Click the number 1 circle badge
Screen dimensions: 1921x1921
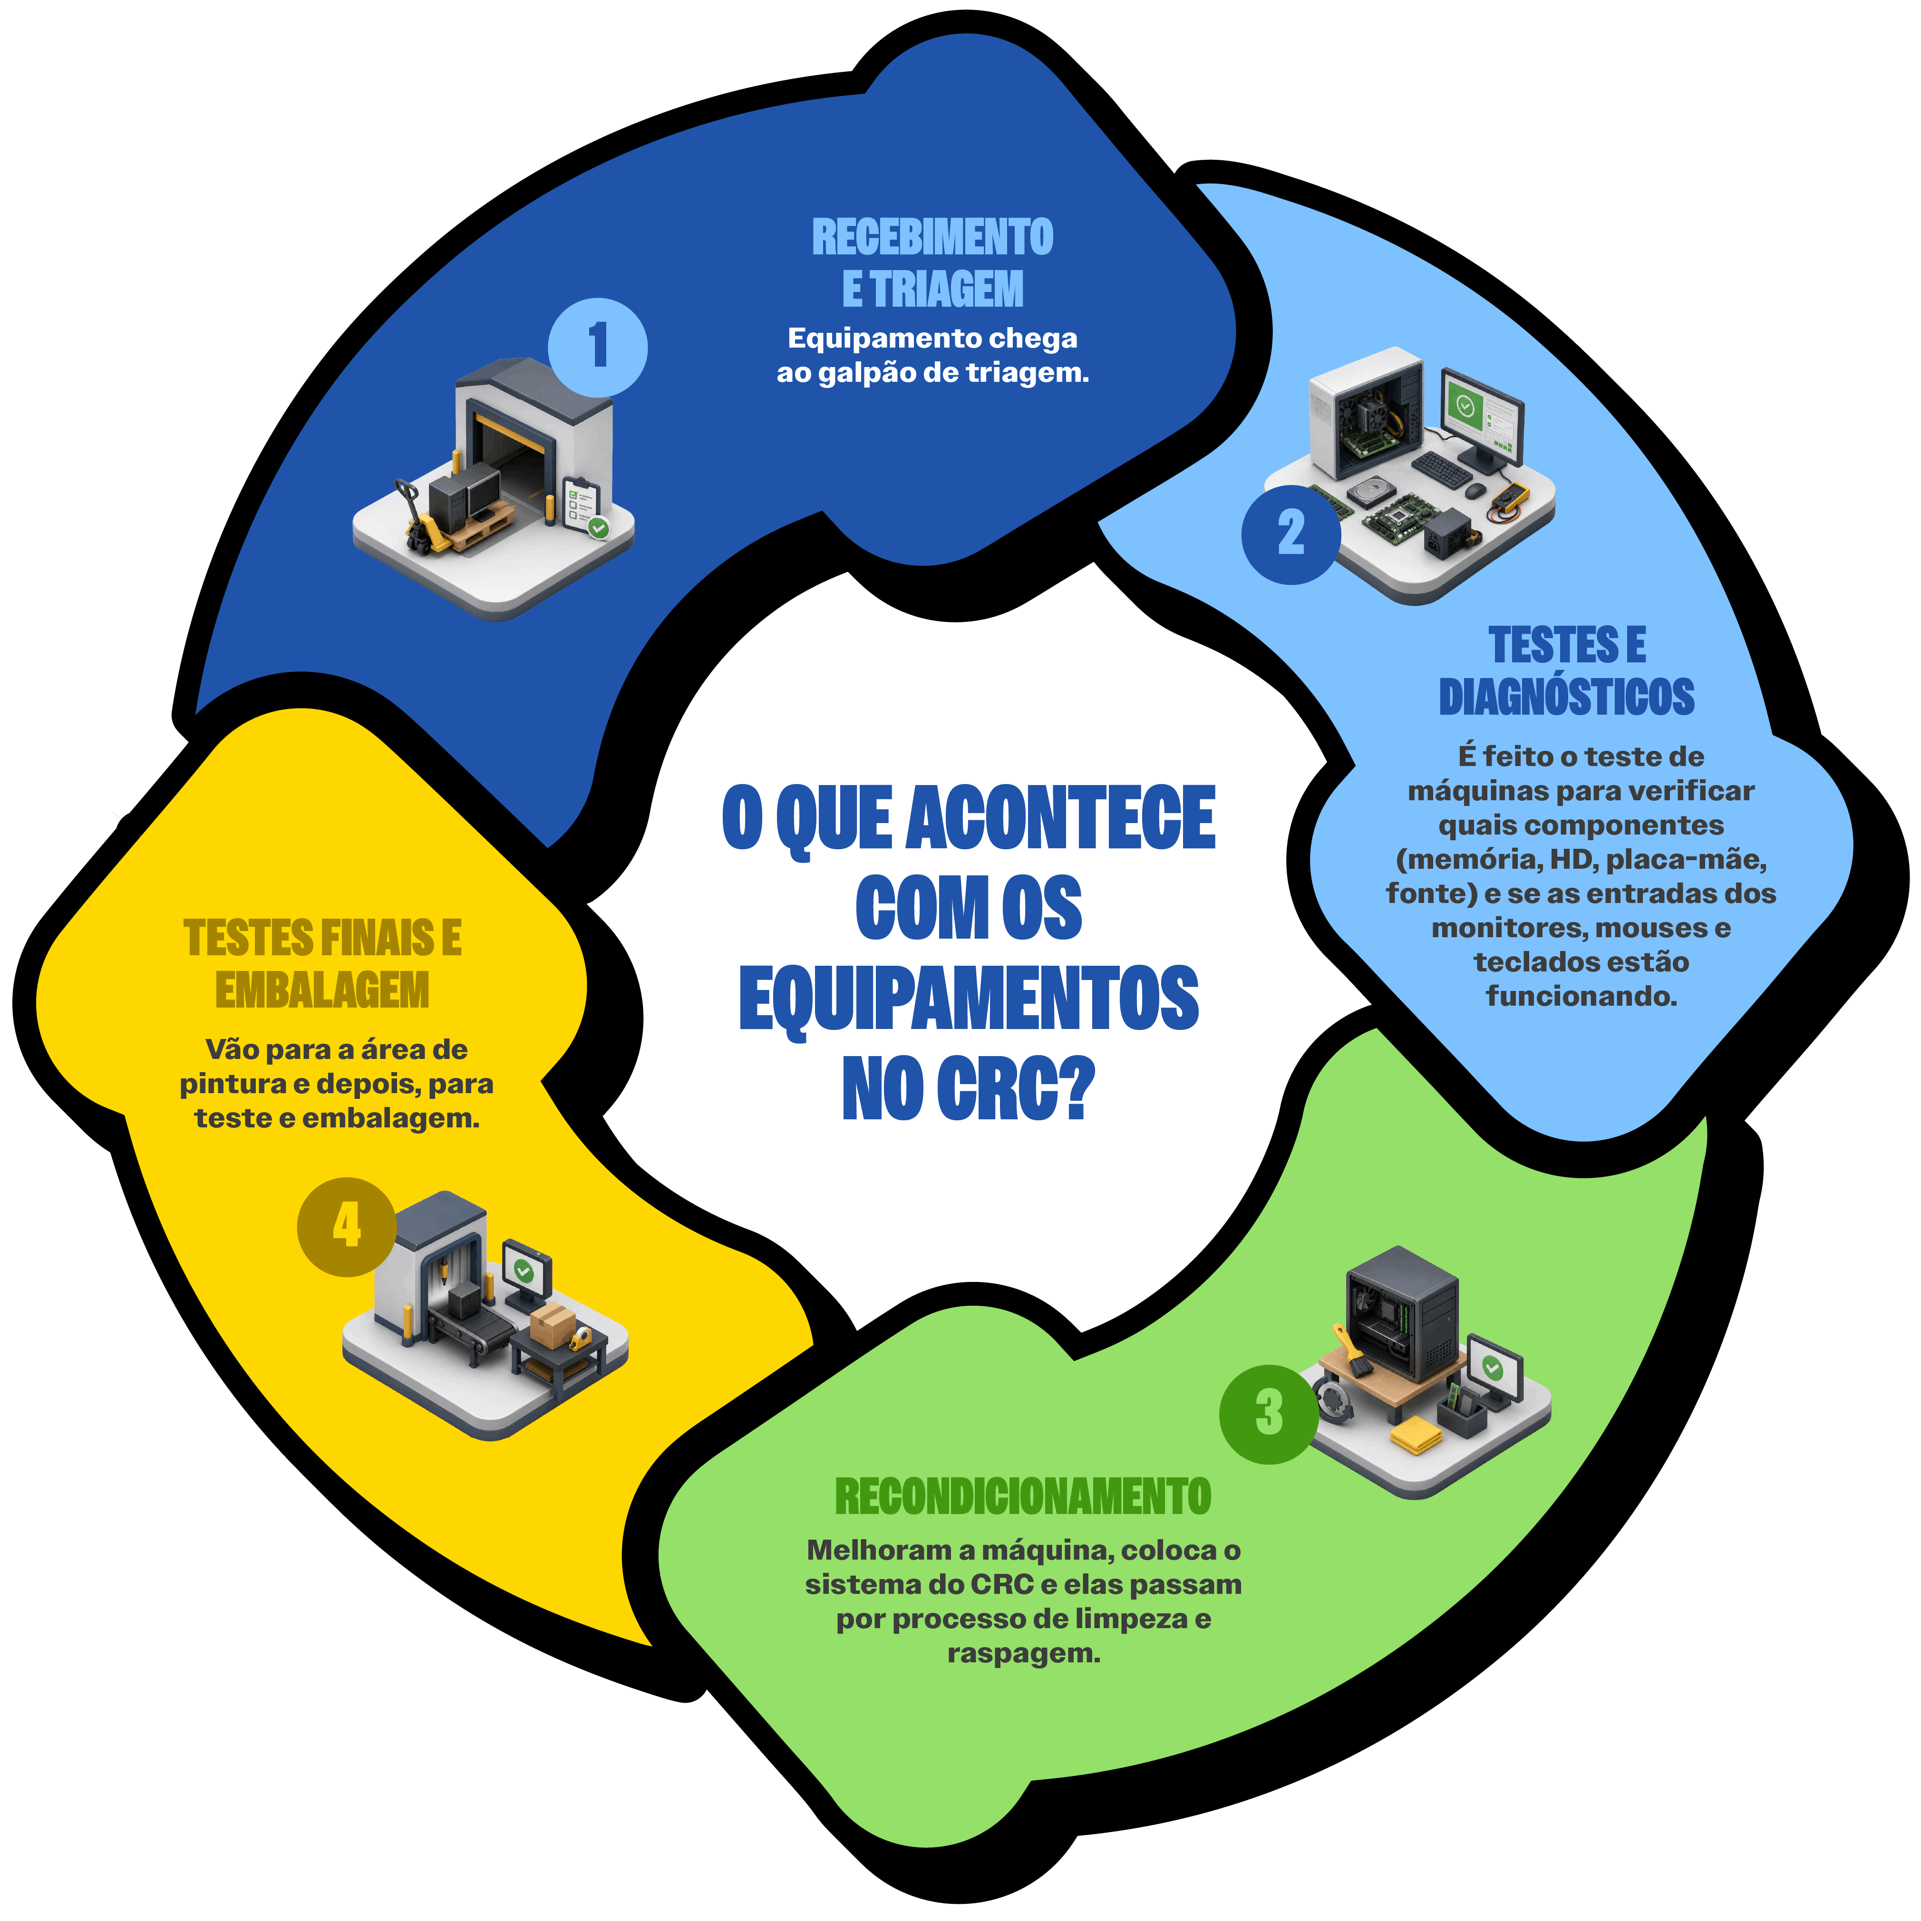(x=598, y=347)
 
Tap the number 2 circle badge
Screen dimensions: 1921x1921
(x=1290, y=534)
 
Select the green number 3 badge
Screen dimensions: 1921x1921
(x=1269, y=1413)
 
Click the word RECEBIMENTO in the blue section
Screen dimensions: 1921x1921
(x=932, y=237)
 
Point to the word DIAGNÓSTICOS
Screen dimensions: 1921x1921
(x=1567, y=697)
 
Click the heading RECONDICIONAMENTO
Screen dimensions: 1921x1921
(x=1023, y=1496)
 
